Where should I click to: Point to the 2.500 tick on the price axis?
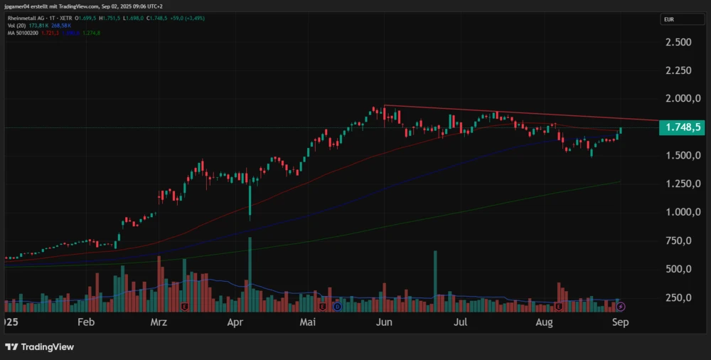678,42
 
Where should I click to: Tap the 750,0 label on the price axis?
679,240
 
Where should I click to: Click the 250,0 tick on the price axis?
679,297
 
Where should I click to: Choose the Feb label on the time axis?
85,322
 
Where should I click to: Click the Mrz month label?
159,322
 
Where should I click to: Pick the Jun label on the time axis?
384,322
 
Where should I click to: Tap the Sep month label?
620,322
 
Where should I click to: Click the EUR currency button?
669,19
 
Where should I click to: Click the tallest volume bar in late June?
435,281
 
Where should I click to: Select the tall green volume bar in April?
250,275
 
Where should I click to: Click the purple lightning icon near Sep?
620,307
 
